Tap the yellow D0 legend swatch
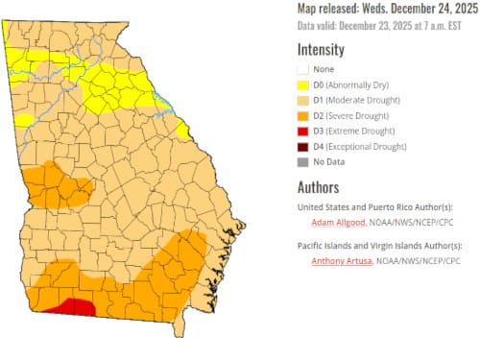[304, 84]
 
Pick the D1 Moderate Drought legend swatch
[304, 99]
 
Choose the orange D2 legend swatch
[304, 115]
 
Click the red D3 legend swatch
[304, 131]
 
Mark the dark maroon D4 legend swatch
[304, 147]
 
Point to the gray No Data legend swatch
[304, 162]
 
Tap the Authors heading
[320, 185]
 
